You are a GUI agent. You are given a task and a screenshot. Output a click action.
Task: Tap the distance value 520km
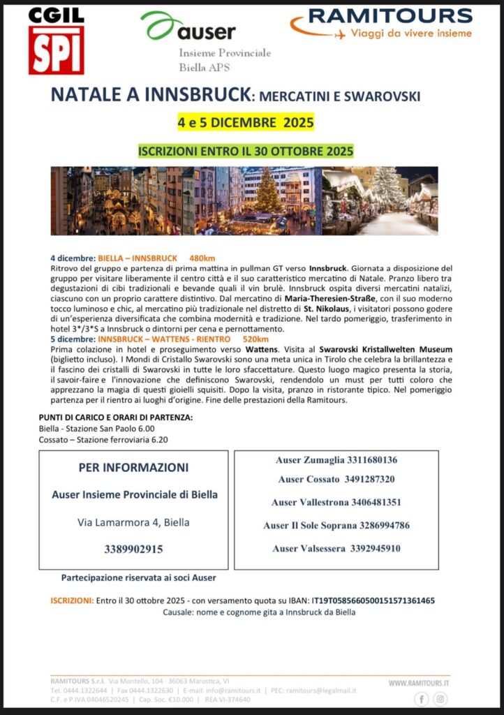point(255,339)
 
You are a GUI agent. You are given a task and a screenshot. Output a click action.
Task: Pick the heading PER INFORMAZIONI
point(134,467)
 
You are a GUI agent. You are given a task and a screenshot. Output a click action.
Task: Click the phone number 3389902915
point(133,549)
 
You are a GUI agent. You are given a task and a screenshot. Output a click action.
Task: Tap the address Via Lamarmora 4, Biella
point(133,522)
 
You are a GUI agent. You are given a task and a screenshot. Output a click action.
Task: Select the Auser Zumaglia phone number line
point(337,460)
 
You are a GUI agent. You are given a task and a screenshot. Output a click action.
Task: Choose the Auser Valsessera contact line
point(336,548)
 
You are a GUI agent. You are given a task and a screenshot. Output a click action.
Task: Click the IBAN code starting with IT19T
point(373,600)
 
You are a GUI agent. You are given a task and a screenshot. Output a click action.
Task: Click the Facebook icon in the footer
point(422,699)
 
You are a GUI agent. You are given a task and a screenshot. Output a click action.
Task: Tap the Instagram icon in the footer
point(440,699)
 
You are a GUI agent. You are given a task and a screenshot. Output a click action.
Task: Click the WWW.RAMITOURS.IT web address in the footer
point(419,683)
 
